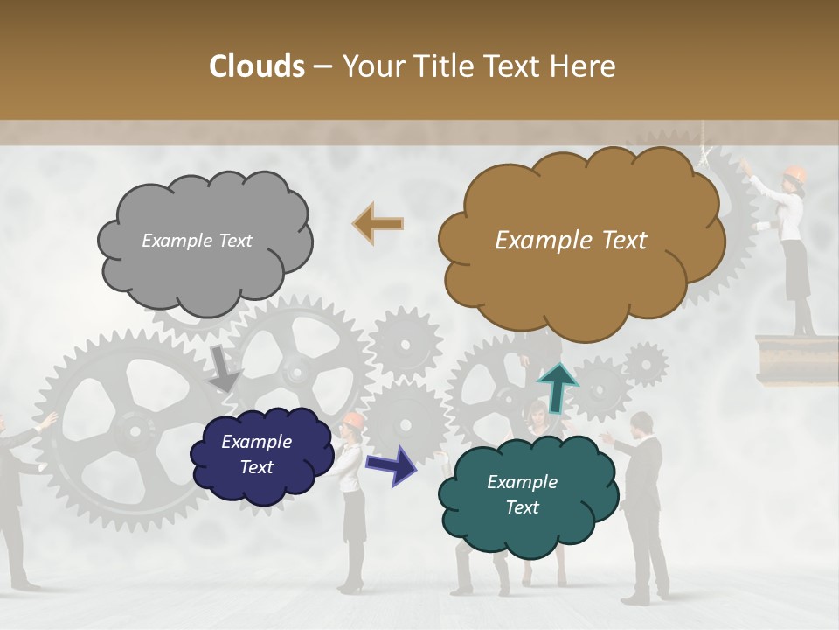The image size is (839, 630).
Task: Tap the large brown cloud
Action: tap(580, 241)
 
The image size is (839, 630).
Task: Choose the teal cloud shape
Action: tap(526, 495)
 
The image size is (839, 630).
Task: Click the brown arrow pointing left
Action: tap(378, 223)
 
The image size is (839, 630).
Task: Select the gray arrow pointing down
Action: tap(225, 368)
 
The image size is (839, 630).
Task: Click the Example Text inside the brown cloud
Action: tap(571, 241)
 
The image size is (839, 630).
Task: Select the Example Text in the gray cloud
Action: tap(197, 241)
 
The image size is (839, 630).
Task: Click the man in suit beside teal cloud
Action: tap(645, 499)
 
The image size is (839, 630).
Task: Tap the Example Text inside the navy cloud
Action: tap(256, 455)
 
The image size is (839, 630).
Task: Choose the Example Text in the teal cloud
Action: tap(522, 495)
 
